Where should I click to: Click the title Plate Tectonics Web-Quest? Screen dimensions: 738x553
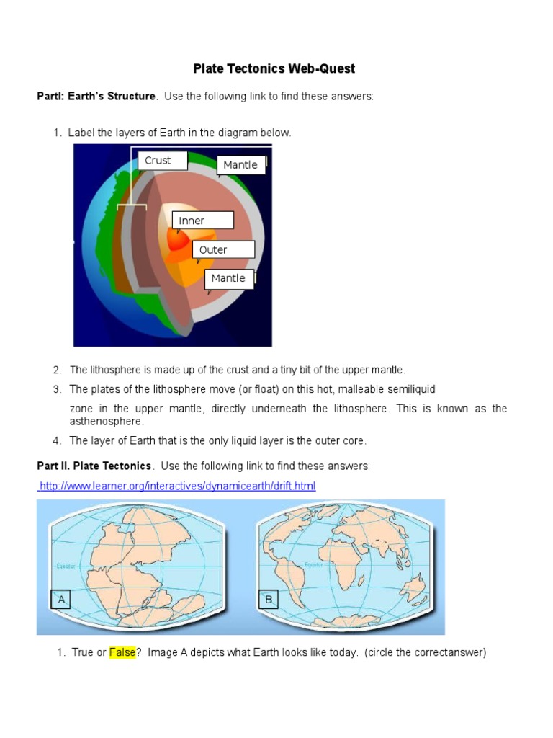(x=274, y=69)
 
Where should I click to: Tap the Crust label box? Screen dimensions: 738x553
(x=163, y=161)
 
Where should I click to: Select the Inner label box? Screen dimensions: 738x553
(x=201, y=221)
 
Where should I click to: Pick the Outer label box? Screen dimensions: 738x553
(x=223, y=250)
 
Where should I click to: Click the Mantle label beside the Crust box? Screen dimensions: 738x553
(x=240, y=165)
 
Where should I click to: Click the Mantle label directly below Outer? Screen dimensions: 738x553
(x=229, y=279)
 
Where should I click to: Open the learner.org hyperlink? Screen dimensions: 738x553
(x=177, y=486)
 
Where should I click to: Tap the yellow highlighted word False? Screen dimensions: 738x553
(x=122, y=653)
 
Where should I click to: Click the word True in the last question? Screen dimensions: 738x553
(x=83, y=653)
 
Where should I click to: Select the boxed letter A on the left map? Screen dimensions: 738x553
(x=61, y=600)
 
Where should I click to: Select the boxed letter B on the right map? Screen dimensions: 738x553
(x=268, y=600)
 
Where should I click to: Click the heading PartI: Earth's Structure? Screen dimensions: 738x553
(x=96, y=97)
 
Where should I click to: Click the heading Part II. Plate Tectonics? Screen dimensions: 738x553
(x=94, y=466)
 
